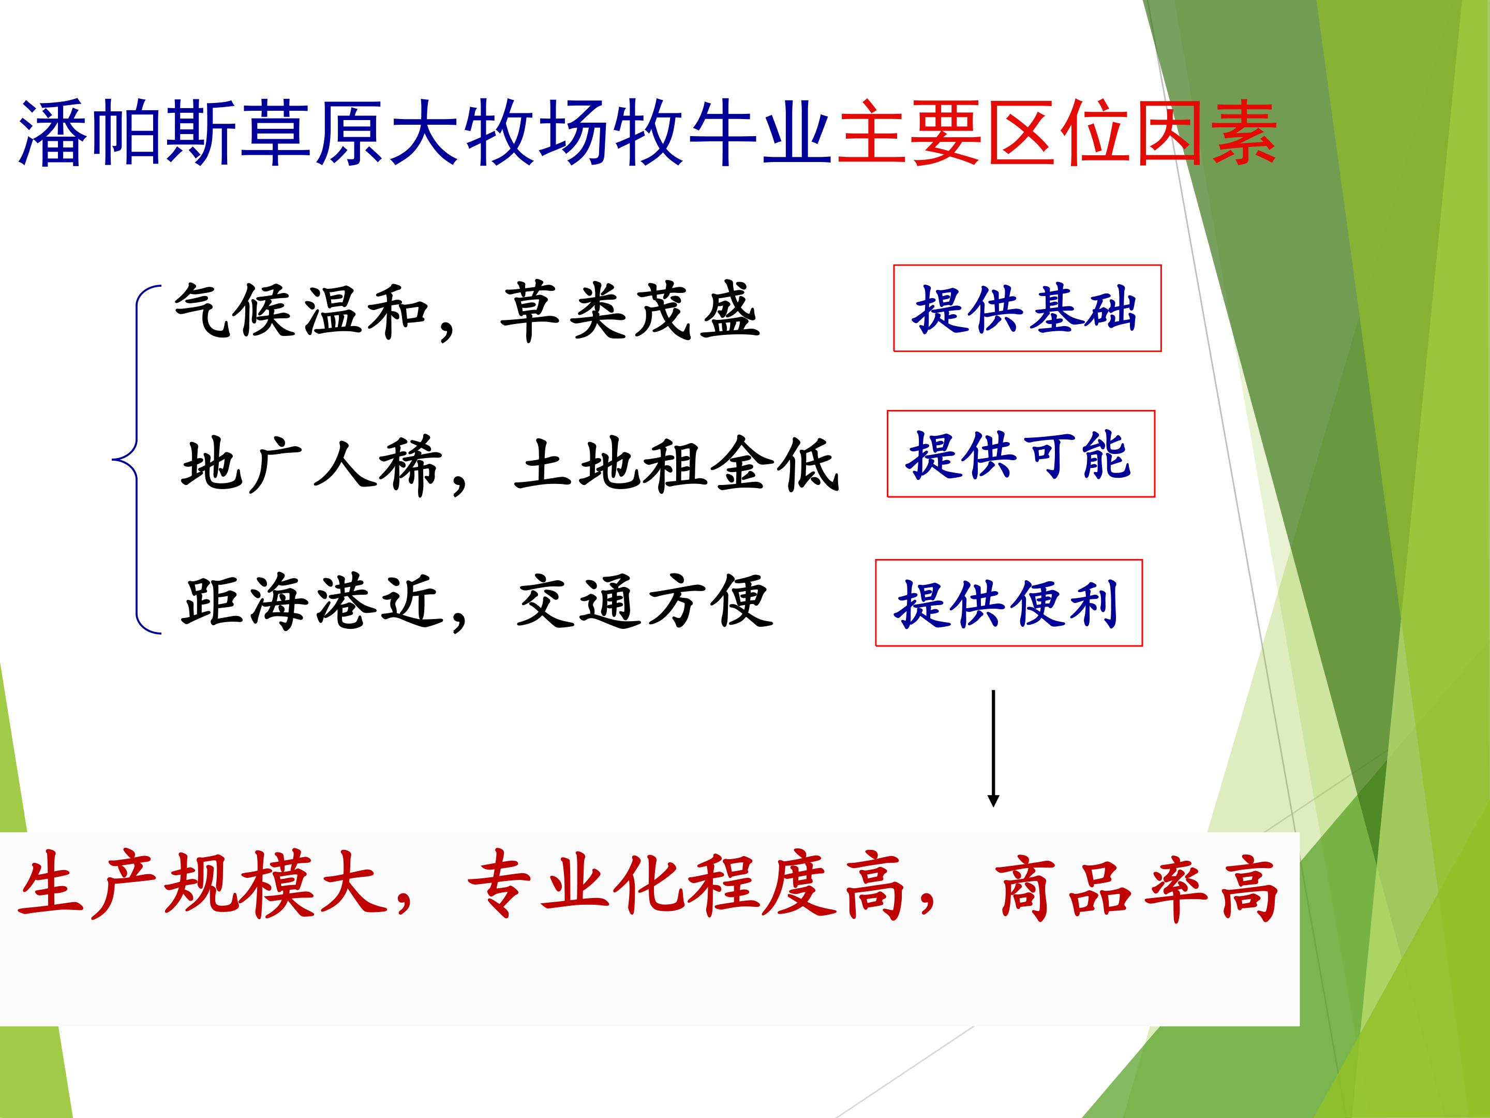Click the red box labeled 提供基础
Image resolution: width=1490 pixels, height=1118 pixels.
click(x=1027, y=308)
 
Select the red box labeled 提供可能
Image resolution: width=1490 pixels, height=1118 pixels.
click(x=1021, y=453)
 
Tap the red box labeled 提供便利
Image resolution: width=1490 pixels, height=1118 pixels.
click(x=1009, y=602)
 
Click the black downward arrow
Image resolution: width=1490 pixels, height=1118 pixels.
click(x=993, y=748)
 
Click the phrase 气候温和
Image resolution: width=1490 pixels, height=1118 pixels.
click(x=301, y=310)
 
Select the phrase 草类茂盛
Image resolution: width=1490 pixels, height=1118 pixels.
click(x=631, y=311)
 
